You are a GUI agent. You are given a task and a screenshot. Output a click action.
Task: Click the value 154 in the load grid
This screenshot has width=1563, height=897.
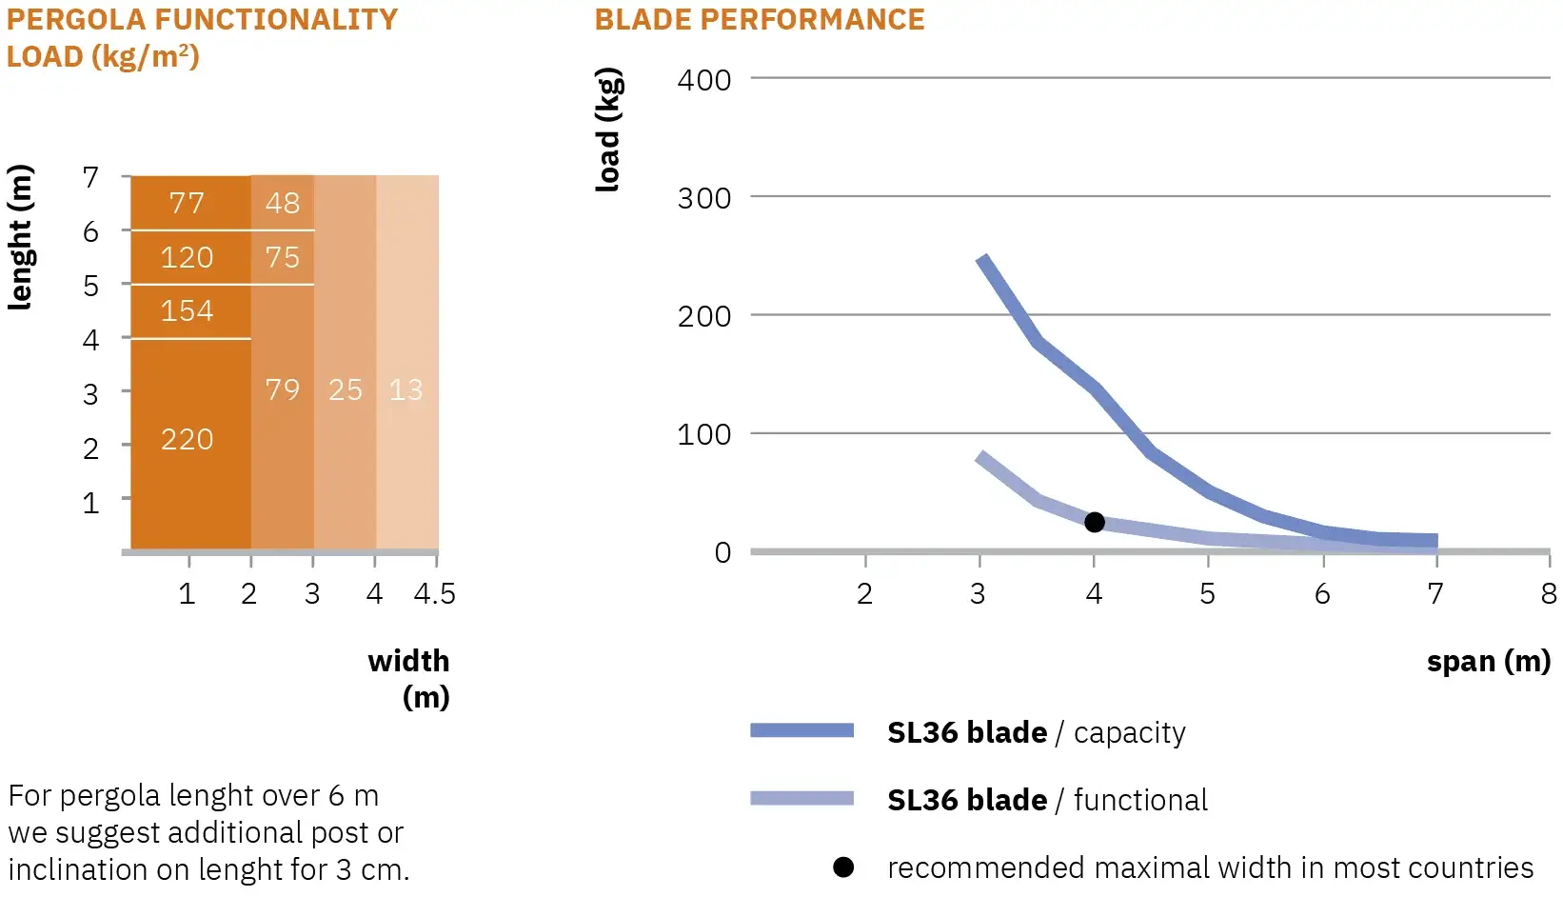(x=187, y=311)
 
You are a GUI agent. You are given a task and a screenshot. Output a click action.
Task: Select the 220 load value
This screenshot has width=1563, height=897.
(x=187, y=440)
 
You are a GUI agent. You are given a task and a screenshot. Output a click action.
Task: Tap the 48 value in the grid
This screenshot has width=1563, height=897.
(x=283, y=203)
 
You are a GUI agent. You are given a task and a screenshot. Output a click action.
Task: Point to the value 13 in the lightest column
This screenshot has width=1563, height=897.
(x=406, y=389)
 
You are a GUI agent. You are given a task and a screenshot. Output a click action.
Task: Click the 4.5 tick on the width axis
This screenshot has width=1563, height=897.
(x=435, y=594)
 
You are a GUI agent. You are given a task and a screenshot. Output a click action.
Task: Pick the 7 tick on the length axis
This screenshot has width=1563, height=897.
(x=90, y=178)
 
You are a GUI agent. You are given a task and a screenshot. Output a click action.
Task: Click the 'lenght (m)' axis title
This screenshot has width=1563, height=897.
(x=20, y=237)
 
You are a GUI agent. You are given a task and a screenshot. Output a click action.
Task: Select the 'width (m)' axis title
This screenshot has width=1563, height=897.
(x=409, y=678)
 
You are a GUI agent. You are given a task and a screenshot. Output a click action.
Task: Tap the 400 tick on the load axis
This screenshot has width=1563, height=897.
(x=704, y=80)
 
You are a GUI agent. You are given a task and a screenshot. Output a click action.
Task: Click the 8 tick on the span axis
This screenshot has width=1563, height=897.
(x=1549, y=594)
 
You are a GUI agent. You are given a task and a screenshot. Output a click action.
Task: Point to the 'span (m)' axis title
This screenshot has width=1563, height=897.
(x=1488, y=661)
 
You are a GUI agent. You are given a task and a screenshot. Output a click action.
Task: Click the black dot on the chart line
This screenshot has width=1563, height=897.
(x=1095, y=522)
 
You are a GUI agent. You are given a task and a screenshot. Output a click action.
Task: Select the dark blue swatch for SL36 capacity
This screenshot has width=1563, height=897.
(x=801, y=730)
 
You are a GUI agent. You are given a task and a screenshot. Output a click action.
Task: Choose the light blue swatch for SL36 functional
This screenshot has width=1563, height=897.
(x=801, y=798)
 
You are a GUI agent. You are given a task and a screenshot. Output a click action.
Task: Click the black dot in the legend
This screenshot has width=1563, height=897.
(x=843, y=867)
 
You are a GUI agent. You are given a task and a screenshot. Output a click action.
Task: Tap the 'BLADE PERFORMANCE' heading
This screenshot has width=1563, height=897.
(x=760, y=20)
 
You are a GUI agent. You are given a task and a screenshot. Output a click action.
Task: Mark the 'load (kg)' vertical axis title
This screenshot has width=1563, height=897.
(x=609, y=130)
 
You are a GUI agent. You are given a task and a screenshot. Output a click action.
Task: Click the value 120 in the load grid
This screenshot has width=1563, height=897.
(x=187, y=257)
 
